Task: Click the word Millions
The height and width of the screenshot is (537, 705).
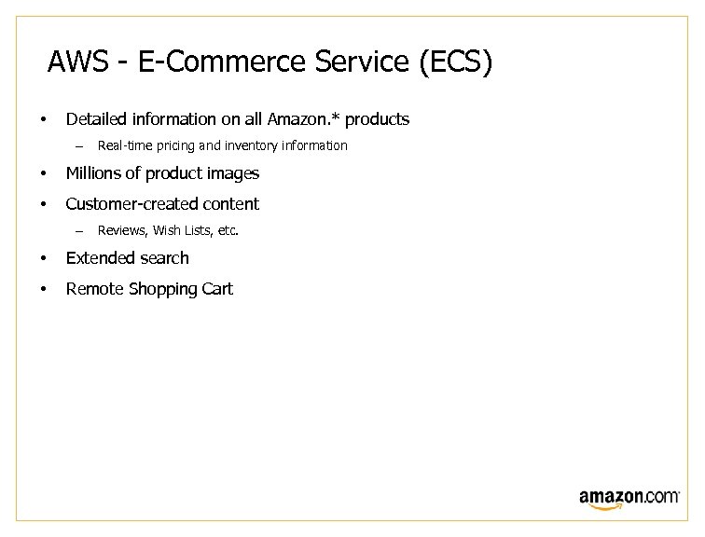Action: click(x=95, y=173)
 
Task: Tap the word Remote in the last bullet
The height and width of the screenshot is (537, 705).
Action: click(x=93, y=289)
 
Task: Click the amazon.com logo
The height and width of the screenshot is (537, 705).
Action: click(x=629, y=498)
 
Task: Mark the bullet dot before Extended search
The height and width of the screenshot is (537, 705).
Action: click(x=43, y=258)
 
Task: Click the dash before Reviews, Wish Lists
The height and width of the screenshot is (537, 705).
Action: click(x=80, y=230)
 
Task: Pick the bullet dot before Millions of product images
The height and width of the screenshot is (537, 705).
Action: click(x=43, y=174)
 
